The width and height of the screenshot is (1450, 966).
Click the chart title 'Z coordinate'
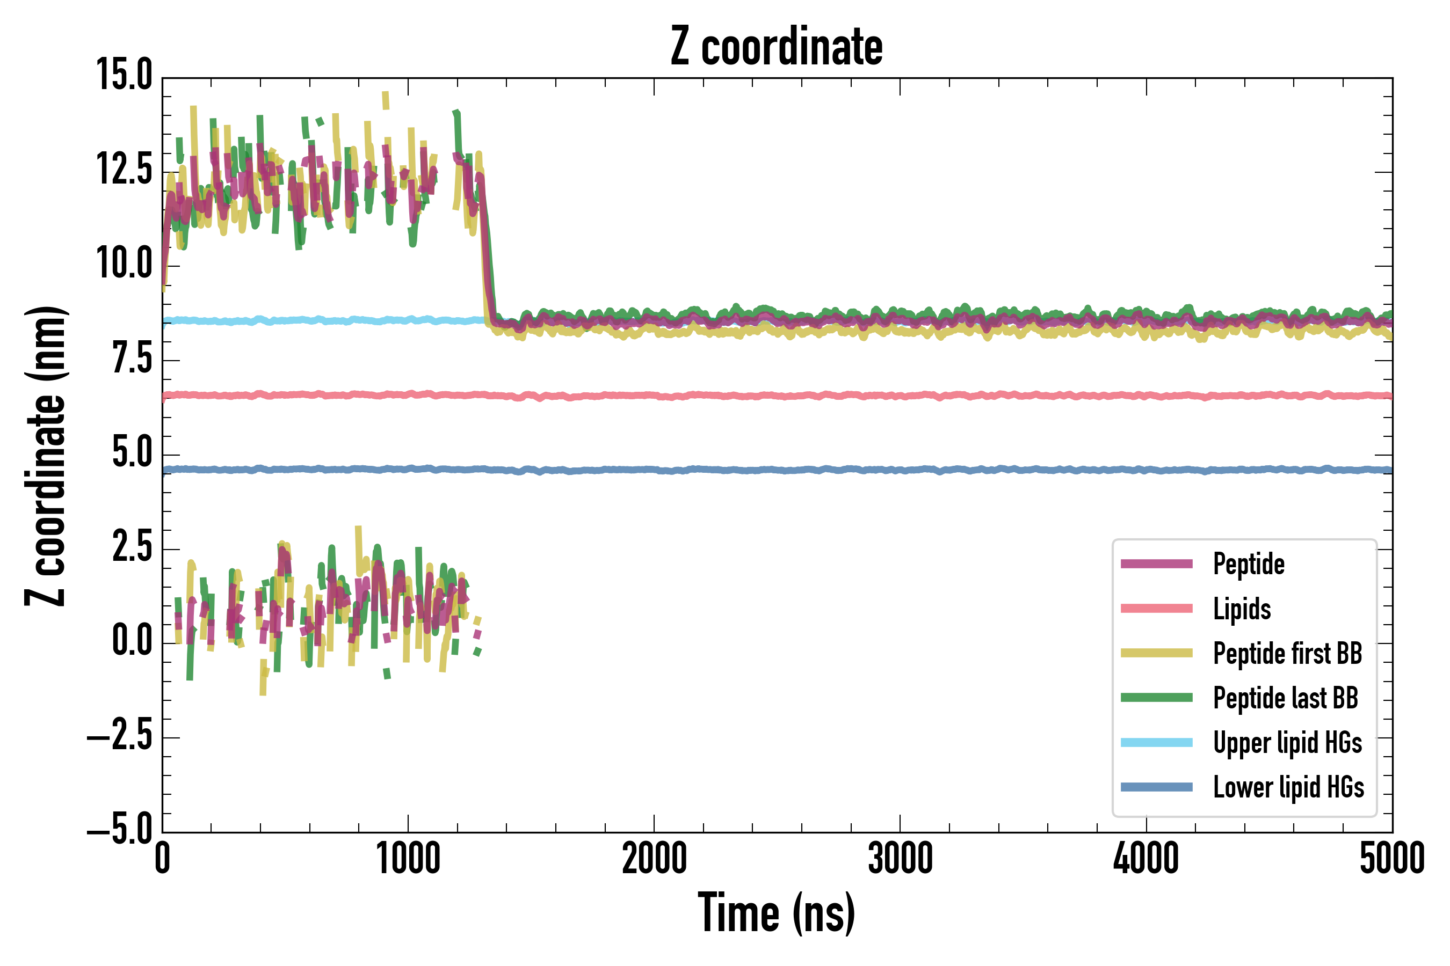point(776,47)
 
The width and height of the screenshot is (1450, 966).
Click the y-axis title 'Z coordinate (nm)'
point(46,456)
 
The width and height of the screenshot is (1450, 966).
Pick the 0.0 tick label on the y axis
point(132,641)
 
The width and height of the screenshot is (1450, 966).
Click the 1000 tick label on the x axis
point(408,859)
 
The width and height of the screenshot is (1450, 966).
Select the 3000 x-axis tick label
point(900,859)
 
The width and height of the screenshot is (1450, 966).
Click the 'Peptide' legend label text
point(1249,563)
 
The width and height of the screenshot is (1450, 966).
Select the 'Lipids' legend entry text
point(1242,609)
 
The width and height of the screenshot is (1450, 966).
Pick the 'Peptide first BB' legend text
point(1287,653)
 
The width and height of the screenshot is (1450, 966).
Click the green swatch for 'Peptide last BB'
point(1157,697)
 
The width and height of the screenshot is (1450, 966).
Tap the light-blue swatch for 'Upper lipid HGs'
point(1157,742)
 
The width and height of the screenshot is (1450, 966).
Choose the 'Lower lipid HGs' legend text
point(1288,787)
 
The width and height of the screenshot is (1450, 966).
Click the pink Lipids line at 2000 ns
point(654,396)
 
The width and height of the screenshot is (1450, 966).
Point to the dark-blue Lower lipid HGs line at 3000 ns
point(900,470)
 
